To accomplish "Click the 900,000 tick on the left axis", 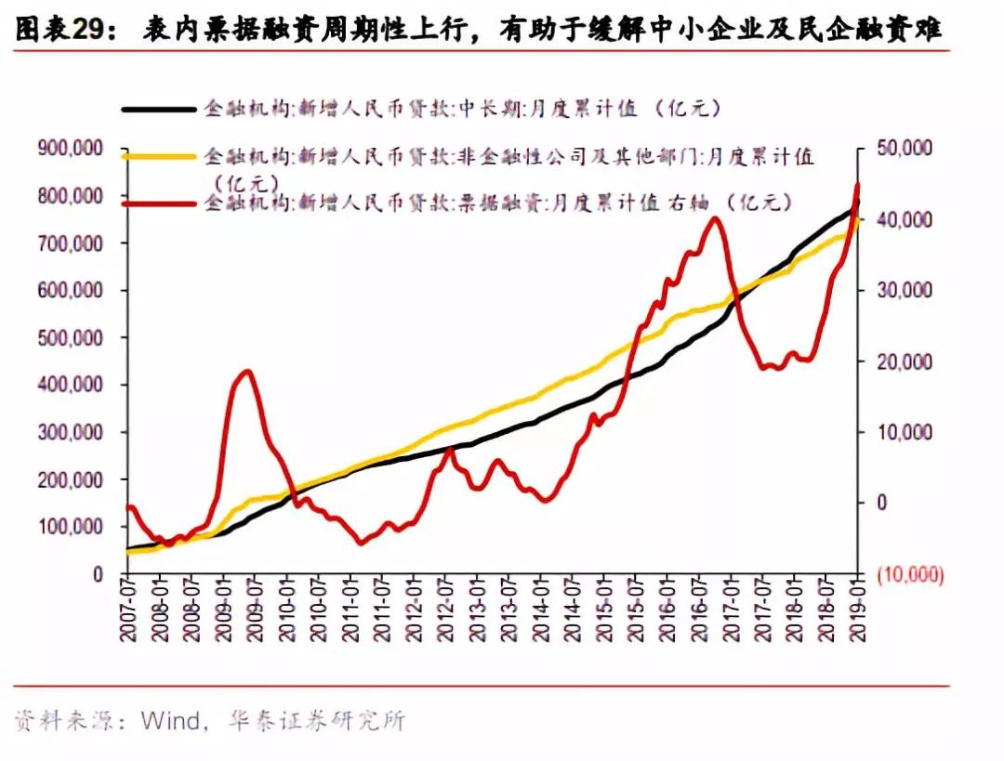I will pyautogui.click(x=71, y=149).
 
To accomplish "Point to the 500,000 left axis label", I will pyautogui.click(x=71, y=337).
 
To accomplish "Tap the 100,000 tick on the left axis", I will pyautogui.click(x=71, y=527).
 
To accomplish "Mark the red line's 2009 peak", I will pyautogui.click(x=245, y=372).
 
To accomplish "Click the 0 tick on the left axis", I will pyautogui.click(x=97, y=574).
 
